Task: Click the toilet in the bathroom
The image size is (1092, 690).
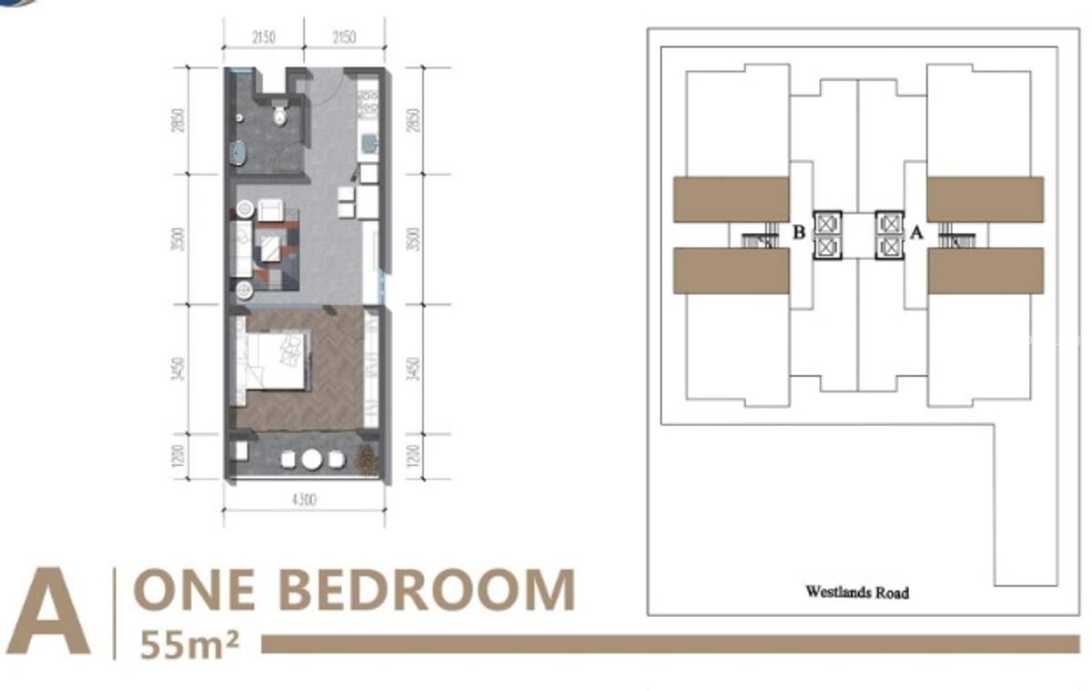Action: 280,116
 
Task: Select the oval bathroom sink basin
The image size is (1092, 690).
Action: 238,152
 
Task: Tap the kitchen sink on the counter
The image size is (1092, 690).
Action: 369,144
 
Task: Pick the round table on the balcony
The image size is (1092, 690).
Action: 312,459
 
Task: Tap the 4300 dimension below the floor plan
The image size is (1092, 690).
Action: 303,501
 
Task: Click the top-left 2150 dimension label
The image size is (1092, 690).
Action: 264,37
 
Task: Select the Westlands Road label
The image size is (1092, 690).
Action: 856,592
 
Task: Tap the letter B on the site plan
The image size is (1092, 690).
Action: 798,233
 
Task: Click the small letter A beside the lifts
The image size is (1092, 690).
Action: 916,233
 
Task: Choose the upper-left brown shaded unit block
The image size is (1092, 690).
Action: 731,199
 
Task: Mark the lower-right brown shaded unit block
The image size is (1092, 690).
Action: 986,270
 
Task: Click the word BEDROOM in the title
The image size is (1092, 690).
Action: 425,590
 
